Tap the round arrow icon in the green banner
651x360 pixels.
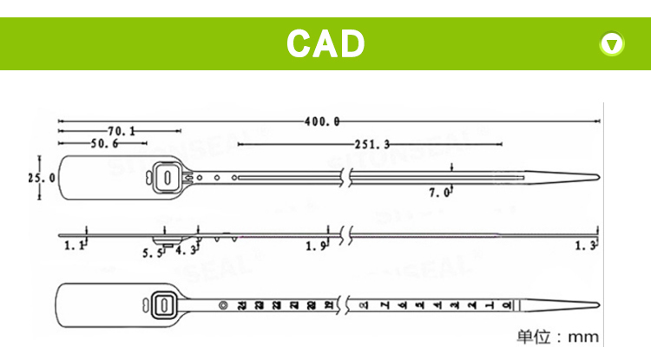(x=613, y=43)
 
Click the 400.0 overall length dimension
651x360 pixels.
(x=322, y=121)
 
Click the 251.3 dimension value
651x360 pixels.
(x=372, y=144)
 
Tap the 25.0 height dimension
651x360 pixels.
(x=41, y=177)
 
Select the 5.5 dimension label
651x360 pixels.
(x=153, y=252)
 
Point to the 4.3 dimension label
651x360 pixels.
(x=185, y=252)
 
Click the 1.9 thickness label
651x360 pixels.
(x=316, y=247)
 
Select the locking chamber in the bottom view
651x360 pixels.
(x=162, y=304)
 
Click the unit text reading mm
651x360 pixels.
(x=583, y=337)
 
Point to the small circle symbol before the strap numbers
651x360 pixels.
(x=223, y=304)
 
